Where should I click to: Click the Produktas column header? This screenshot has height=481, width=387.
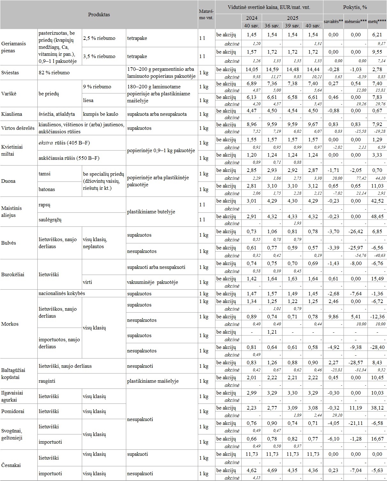point(99,15)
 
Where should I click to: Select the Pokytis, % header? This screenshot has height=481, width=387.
point(355,7)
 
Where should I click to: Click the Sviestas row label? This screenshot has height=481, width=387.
point(10,73)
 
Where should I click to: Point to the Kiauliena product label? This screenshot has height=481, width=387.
point(12,114)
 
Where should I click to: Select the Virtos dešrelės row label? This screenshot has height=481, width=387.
point(18,128)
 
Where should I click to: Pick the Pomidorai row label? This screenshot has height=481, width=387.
point(12,411)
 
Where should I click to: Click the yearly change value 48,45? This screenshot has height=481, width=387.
point(377,217)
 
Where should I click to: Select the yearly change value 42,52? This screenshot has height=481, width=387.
point(377,201)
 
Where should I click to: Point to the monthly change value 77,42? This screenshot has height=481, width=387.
point(355,178)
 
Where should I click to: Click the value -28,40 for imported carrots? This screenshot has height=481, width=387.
point(377,347)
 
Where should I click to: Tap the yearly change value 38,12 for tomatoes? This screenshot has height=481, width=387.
point(377,408)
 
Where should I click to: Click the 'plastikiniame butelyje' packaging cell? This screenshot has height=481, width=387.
point(151,212)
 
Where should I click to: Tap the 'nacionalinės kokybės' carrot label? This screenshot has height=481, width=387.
point(62,293)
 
